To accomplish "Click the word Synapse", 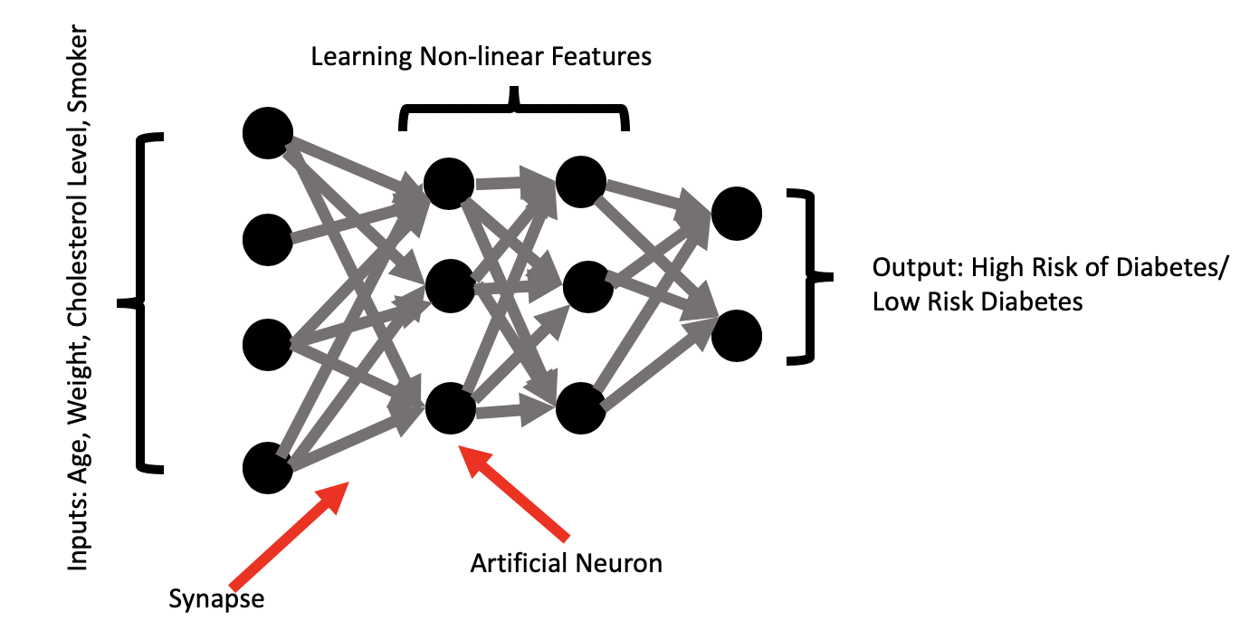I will click(217, 599).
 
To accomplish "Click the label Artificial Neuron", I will click(566, 563).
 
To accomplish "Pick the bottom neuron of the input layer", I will click(268, 468).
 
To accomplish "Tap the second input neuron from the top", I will click(268, 240).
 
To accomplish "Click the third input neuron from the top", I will click(268, 345).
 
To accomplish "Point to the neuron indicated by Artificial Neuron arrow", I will click(450, 409).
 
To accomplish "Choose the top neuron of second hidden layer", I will click(581, 182).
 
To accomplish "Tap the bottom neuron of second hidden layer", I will click(581, 409).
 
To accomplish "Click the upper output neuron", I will click(737, 214).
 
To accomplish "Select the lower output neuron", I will click(737, 336).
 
